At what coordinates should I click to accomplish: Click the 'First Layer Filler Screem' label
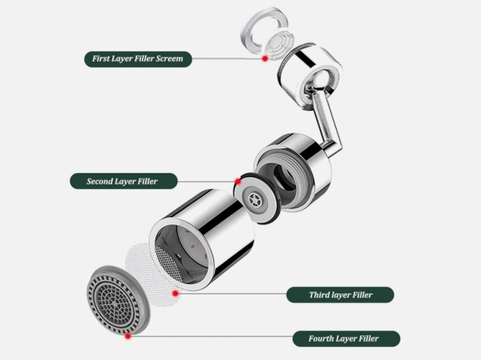pyautogui.click(x=138, y=59)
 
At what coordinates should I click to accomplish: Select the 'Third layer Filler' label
pyautogui.click(x=340, y=295)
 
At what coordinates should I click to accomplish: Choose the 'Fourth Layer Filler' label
pyautogui.click(x=346, y=338)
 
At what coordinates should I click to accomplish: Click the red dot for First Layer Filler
pyautogui.click(x=265, y=59)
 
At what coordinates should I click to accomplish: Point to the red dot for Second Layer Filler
pyautogui.click(x=238, y=181)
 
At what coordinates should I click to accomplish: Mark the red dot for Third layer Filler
pyautogui.click(x=176, y=293)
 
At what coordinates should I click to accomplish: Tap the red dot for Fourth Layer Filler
pyautogui.click(x=128, y=336)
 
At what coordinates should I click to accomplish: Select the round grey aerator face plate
pyautogui.click(x=118, y=300)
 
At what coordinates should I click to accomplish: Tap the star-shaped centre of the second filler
pyautogui.click(x=255, y=200)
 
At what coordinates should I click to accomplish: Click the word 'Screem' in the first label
pyautogui.click(x=169, y=59)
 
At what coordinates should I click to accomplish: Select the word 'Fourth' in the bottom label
pyautogui.click(x=321, y=338)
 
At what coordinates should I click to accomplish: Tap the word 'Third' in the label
pyautogui.click(x=318, y=295)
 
